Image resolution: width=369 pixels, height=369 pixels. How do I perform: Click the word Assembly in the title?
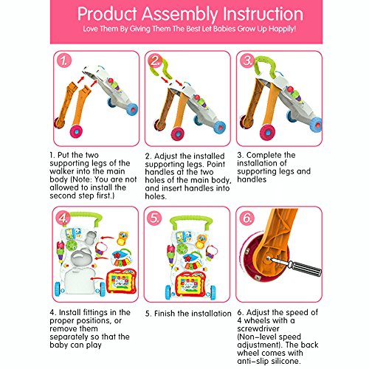click(180, 14)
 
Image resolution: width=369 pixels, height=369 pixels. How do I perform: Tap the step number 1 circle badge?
click(64, 61)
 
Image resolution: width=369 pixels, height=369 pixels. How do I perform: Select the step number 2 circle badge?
click(156, 61)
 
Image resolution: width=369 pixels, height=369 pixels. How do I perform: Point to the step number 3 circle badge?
click(247, 61)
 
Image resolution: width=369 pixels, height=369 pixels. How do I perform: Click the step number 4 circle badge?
click(63, 218)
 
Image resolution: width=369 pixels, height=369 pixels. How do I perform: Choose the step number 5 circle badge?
click(154, 218)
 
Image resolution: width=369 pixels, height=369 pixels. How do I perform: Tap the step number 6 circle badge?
click(246, 218)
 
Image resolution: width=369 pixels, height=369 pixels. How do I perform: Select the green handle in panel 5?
click(191, 221)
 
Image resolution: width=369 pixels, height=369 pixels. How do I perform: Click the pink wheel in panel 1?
click(76, 131)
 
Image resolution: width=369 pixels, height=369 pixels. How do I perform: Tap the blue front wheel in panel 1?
click(132, 109)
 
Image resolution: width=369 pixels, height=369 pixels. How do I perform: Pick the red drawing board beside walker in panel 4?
click(122, 282)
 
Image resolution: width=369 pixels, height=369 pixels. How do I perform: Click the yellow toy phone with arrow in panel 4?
click(123, 238)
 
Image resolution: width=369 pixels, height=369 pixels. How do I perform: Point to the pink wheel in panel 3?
click(268, 132)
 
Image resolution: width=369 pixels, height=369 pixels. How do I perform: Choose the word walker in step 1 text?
click(61, 171)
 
